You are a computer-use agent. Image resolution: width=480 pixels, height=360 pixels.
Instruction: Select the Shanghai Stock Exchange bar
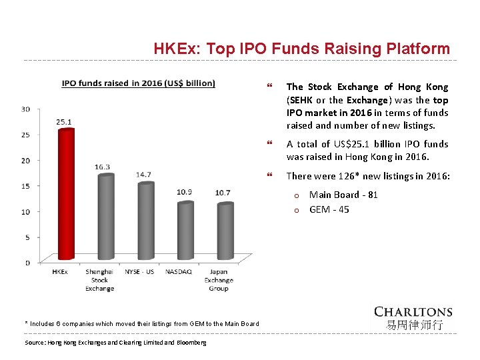tap(105, 217)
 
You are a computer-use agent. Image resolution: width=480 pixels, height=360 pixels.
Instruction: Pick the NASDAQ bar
tap(185, 231)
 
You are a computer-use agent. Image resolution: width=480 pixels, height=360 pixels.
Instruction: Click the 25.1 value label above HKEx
tap(64, 122)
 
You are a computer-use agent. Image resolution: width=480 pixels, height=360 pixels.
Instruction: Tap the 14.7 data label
tap(143, 175)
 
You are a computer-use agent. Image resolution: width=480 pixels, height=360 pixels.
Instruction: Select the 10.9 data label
tap(185, 193)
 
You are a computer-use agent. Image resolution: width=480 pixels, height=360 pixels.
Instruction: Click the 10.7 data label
tap(223, 193)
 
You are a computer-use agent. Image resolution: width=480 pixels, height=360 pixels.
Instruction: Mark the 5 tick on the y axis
tap(27, 237)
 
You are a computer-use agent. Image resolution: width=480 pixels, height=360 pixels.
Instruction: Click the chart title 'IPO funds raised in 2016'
tap(139, 83)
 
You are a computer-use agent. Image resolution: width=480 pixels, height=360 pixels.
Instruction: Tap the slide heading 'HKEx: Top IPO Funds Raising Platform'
tap(301, 49)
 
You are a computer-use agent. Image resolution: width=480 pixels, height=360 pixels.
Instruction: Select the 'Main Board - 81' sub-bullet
tap(343, 195)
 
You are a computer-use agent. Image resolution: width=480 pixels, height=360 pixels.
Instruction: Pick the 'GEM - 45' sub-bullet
tap(329, 209)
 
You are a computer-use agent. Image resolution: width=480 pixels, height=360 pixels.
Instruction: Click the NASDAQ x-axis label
tap(178, 272)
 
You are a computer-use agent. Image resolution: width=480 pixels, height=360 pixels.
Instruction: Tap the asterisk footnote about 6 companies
tap(142, 323)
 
